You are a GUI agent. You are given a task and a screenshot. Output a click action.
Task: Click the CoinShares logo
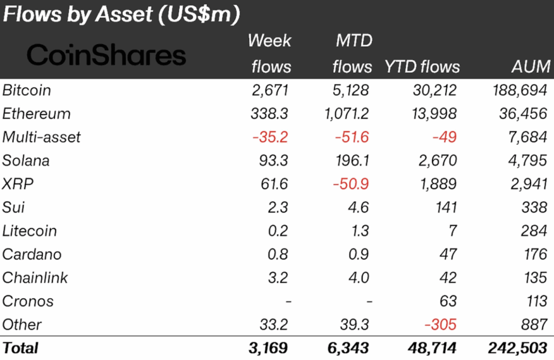pyautogui.click(x=106, y=55)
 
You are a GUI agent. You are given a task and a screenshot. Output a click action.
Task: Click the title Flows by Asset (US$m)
pyautogui.click(x=121, y=15)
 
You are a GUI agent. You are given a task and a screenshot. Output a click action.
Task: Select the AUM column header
pyautogui.click(x=530, y=67)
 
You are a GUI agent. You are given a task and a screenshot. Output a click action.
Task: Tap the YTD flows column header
pyautogui.click(x=422, y=67)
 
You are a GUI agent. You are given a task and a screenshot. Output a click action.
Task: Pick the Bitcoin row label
pyautogui.click(x=27, y=90)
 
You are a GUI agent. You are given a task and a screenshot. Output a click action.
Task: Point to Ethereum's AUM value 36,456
pyautogui.click(x=523, y=114)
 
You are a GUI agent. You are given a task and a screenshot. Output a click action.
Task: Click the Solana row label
pyautogui.click(x=26, y=160)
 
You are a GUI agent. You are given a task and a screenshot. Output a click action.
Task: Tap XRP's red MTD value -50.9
pyautogui.click(x=351, y=184)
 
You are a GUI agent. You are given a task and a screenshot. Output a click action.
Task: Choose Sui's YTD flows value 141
pyautogui.click(x=445, y=207)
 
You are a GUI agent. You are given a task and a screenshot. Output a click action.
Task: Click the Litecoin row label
pyautogui.click(x=30, y=231)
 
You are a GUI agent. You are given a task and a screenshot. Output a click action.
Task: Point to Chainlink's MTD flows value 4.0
pyautogui.click(x=358, y=278)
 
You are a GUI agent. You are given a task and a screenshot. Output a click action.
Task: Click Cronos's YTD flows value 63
pyautogui.click(x=449, y=301)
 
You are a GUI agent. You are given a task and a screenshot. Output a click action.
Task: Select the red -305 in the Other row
pyautogui.click(x=440, y=324)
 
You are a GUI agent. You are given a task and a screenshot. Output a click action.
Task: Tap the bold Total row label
pyautogui.click(x=21, y=348)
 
